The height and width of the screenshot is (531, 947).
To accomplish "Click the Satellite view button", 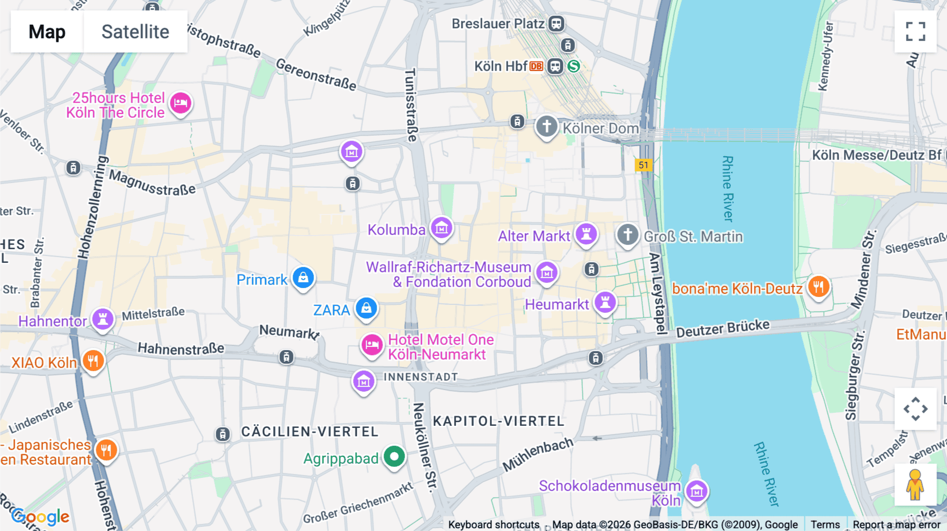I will click(135, 32).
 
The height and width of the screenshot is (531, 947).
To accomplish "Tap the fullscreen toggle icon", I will click(915, 32).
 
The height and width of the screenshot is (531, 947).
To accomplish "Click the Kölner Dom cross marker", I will click(547, 127).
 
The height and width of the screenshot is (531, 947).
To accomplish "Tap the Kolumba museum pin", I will click(441, 228).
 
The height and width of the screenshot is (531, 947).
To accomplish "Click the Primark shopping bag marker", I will click(303, 278).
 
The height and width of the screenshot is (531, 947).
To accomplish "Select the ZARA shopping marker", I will click(366, 308).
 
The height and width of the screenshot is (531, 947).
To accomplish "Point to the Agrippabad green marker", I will click(394, 456).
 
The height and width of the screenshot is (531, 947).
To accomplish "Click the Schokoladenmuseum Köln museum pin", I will click(697, 492).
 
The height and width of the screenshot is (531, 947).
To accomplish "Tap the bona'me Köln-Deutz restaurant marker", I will click(818, 287).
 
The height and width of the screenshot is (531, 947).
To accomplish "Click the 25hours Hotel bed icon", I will click(180, 103).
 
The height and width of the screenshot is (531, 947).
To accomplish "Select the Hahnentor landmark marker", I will click(103, 319).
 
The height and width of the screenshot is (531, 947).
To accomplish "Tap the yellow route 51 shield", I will click(643, 165).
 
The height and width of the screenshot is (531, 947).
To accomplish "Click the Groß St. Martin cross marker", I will click(627, 234).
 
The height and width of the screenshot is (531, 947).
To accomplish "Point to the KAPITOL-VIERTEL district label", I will click(498, 421).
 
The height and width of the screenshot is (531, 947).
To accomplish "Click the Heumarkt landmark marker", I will click(605, 302).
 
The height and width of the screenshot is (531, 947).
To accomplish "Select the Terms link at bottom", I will click(825, 525).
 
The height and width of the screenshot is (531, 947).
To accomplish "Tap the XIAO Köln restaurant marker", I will click(93, 361).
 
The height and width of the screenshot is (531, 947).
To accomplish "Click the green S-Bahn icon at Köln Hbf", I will click(573, 66).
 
